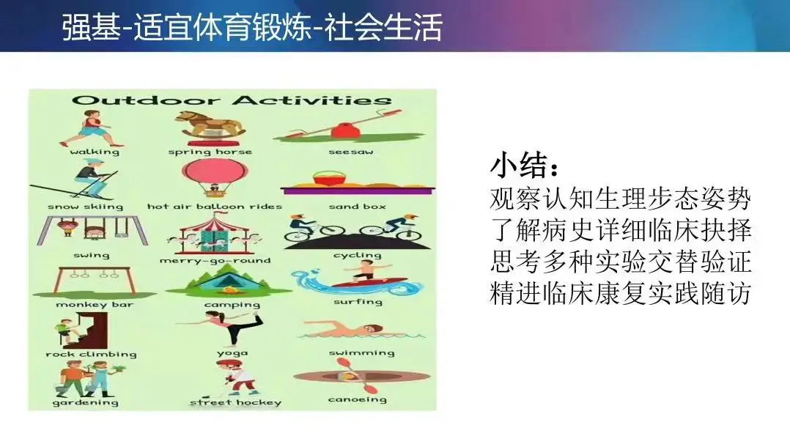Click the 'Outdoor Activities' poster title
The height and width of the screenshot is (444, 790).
(x=232, y=100)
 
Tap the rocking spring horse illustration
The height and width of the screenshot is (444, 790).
(x=210, y=125)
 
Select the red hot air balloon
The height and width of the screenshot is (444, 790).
(x=214, y=179)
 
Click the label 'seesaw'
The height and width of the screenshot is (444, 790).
(x=350, y=152)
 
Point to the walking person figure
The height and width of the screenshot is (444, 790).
(x=92, y=129)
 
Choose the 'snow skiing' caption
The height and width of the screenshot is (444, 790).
(x=86, y=206)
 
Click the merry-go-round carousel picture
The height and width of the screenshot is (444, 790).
(x=215, y=234)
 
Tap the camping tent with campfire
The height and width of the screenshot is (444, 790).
(x=229, y=281)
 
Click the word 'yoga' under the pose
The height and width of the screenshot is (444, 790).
(x=232, y=353)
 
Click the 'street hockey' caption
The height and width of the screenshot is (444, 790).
(x=235, y=402)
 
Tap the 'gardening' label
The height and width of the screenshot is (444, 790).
(x=86, y=403)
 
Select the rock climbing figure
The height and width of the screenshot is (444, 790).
(x=81, y=330)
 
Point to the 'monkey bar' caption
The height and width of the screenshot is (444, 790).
(x=95, y=304)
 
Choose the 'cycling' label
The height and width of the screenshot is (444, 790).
(x=357, y=256)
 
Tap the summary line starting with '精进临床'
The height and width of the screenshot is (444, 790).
(x=621, y=294)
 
